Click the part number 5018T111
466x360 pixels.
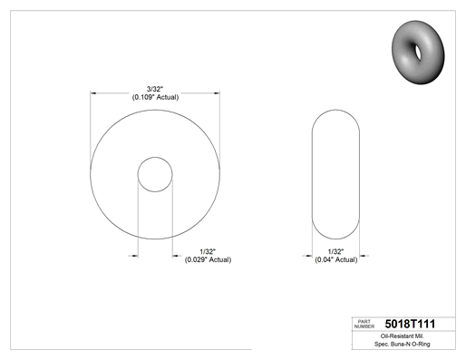click(x=410, y=324)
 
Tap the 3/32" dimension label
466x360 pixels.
click(x=155, y=89)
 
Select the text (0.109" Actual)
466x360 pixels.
click(x=155, y=97)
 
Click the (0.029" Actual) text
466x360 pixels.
click(x=208, y=259)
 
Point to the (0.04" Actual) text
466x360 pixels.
click(x=336, y=259)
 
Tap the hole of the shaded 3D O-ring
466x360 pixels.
click(x=418, y=53)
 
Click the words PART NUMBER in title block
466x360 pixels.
click(x=364, y=324)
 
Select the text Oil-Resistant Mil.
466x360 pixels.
click(x=402, y=336)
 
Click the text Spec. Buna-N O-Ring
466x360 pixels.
click(x=402, y=344)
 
